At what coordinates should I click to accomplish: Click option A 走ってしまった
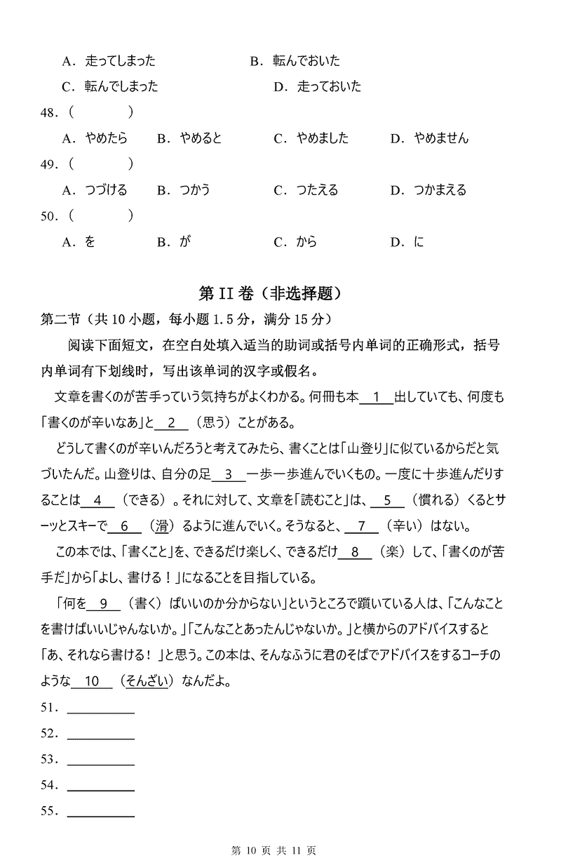click(x=120, y=61)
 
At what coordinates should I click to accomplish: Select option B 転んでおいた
click(x=306, y=61)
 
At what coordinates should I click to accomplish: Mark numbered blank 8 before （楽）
click(x=356, y=552)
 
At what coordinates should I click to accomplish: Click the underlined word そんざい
click(x=147, y=680)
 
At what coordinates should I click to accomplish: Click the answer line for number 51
click(x=100, y=709)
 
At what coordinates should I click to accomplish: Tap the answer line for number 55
click(x=100, y=812)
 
